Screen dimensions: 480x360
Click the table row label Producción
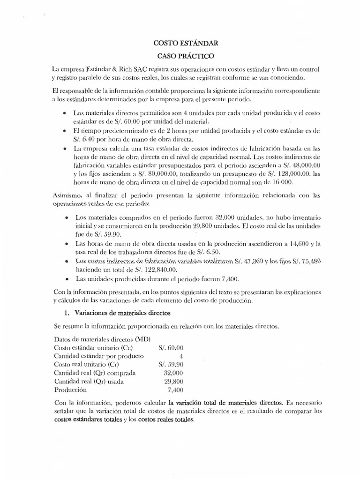click(71, 390)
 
